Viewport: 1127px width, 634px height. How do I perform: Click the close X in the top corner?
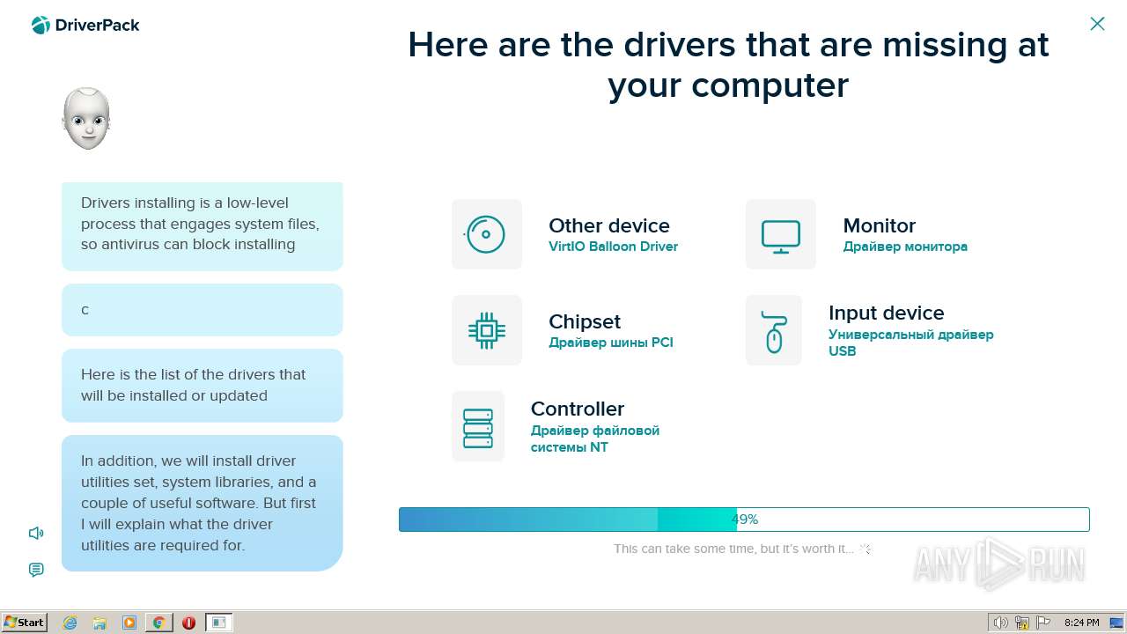point(1097,24)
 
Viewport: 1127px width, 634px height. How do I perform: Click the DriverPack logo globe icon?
point(41,26)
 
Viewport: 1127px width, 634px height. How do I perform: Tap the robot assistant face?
point(86,119)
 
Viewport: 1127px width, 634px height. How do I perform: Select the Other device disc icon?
point(485,234)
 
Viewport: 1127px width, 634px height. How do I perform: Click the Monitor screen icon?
point(780,237)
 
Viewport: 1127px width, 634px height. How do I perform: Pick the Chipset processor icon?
point(487,330)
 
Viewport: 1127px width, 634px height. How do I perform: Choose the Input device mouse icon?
point(774,332)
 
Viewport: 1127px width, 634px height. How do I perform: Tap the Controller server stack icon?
point(478,428)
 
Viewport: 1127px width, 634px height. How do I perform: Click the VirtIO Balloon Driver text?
point(613,247)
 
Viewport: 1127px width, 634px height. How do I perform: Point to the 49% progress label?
point(745,520)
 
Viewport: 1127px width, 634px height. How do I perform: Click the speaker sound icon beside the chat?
point(36,533)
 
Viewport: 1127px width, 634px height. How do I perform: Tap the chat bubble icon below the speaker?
point(36,570)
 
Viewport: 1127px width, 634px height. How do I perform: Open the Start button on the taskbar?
point(24,623)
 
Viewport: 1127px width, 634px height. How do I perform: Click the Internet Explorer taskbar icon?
point(70,623)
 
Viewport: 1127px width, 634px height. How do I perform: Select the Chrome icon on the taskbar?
point(159,623)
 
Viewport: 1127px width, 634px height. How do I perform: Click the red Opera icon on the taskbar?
point(188,623)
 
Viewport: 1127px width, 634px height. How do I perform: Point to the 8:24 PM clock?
point(1081,623)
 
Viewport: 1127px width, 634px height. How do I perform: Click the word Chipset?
point(585,322)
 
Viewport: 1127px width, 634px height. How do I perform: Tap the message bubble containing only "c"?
point(203,310)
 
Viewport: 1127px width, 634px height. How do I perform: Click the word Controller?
point(578,409)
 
